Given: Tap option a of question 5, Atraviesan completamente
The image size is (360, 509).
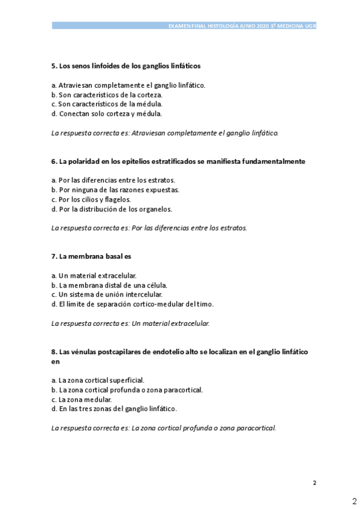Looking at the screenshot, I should tap(128, 85).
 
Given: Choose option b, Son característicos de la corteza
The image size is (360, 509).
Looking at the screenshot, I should tap(107, 94).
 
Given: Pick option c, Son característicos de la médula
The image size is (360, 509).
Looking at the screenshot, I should tap(107, 104).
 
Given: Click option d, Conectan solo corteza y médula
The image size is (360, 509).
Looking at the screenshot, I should tap(107, 113).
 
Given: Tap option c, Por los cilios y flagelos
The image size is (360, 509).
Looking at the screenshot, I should tap(91, 199).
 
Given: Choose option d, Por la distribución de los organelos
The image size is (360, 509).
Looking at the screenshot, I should tap(112, 209).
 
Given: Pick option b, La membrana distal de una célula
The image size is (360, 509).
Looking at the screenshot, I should tap(109, 285).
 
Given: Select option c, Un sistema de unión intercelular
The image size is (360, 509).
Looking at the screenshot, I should tap(107, 294).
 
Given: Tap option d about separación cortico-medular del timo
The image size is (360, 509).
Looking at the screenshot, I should tap(133, 304).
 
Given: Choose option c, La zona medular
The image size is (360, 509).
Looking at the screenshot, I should tap(82, 399).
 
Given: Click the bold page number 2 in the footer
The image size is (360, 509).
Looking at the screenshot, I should tap(314, 483).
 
